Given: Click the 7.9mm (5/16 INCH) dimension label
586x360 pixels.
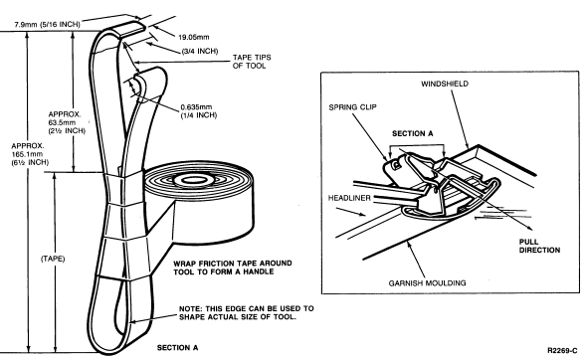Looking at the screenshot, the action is pyautogui.click(x=47, y=25).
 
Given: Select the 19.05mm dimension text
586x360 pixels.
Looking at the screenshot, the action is pyautogui.click(x=194, y=37).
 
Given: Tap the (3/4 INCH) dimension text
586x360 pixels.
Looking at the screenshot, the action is pyautogui.click(x=200, y=51).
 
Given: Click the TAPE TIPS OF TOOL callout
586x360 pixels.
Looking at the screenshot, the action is pyautogui.click(x=252, y=62).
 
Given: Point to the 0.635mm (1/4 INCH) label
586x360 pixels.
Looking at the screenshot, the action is pyautogui.click(x=198, y=111).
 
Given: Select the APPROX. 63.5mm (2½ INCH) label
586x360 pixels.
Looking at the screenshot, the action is pyautogui.click(x=67, y=122).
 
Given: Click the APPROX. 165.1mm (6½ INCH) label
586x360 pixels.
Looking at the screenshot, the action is pyautogui.click(x=30, y=154).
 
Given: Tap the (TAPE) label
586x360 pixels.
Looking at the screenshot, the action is pyautogui.click(x=53, y=259).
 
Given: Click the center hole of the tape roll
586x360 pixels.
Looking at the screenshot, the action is pyautogui.click(x=197, y=180).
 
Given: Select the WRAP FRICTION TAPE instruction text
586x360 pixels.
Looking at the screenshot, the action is pyautogui.click(x=233, y=268).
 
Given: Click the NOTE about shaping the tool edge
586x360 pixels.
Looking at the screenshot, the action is pyautogui.click(x=247, y=313).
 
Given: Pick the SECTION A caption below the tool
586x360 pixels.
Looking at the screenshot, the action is pyautogui.click(x=177, y=348).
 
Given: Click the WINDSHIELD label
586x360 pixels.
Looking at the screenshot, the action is pyautogui.click(x=445, y=84).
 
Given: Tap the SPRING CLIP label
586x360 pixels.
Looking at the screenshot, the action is pyautogui.click(x=353, y=107).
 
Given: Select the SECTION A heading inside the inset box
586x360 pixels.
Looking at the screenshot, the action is pyautogui.click(x=413, y=133).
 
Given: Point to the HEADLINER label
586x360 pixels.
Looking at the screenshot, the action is pyautogui.click(x=349, y=198).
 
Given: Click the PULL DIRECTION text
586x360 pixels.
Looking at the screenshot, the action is pyautogui.click(x=539, y=246).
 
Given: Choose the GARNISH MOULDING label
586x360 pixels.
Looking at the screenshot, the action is pyautogui.click(x=427, y=283).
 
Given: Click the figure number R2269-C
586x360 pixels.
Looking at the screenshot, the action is pyautogui.click(x=562, y=350).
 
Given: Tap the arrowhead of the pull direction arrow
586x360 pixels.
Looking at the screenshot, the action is pyautogui.click(x=530, y=229).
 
